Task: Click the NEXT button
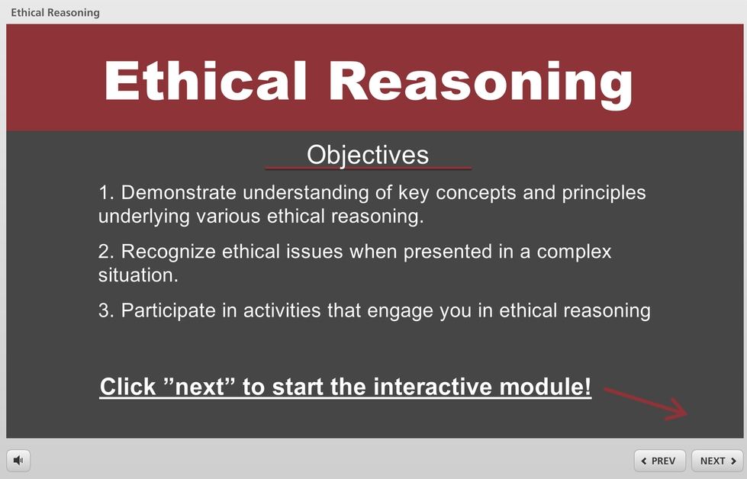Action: click(717, 461)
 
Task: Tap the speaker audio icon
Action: click(18, 460)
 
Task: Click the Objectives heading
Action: click(368, 155)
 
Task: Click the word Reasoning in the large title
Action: click(481, 85)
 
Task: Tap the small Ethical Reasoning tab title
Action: click(55, 13)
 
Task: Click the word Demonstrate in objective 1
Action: click(179, 192)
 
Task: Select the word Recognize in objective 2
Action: click(168, 252)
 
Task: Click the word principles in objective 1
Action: click(604, 193)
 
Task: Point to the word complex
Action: click(574, 252)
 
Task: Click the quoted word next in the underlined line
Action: click(199, 386)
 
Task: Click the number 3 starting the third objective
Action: click(104, 311)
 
